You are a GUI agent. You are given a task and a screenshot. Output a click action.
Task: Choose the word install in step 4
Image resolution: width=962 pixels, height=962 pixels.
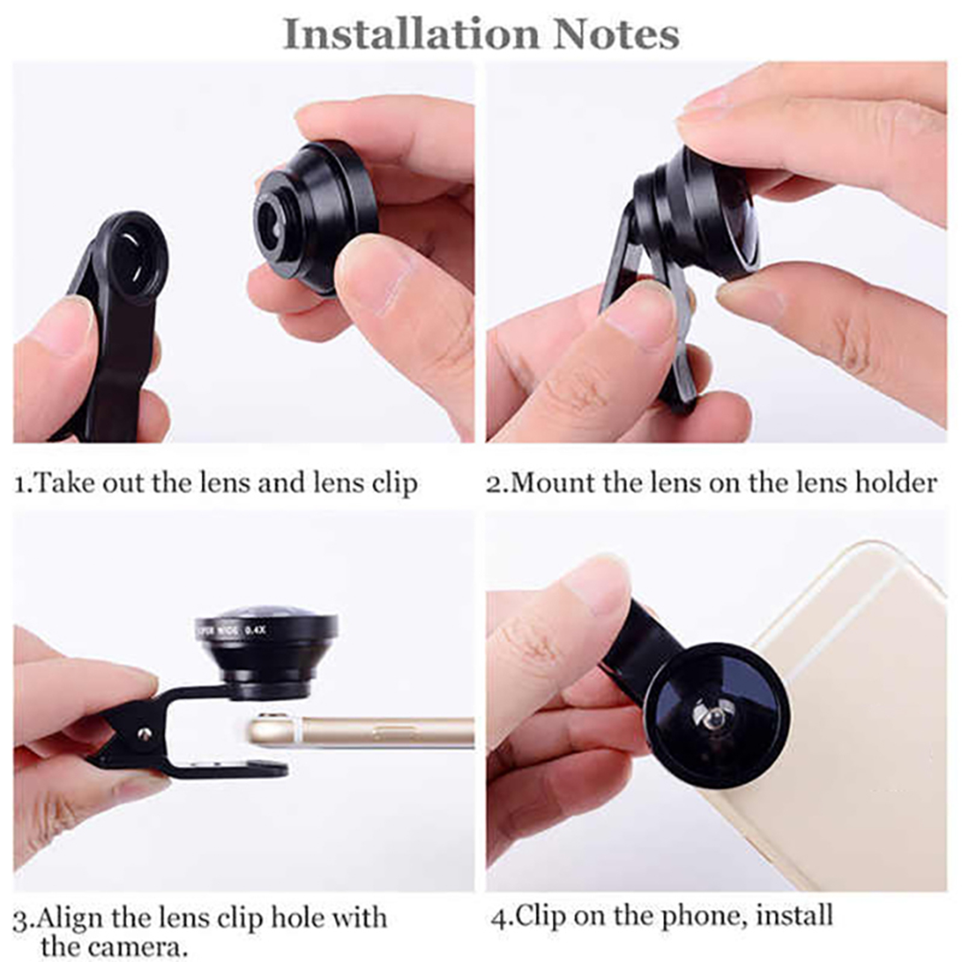[x=794, y=916]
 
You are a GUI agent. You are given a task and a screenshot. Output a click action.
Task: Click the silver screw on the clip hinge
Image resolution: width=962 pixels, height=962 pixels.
[x=144, y=734]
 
